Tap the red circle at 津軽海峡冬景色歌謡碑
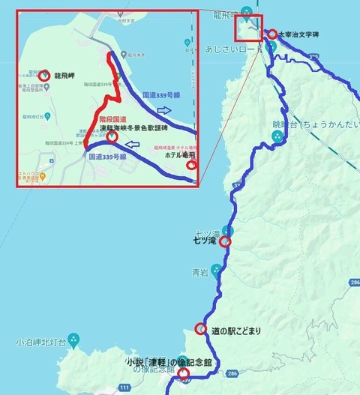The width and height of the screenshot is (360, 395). [x=112, y=137]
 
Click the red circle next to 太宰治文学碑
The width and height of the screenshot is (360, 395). [x=272, y=34]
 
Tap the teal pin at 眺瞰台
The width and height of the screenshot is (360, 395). [x=277, y=136]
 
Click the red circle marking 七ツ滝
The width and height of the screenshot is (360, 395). [x=224, y=241]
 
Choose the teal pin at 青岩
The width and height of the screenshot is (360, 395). [x=216, y=268]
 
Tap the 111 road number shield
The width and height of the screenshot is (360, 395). [x=124, y=388]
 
